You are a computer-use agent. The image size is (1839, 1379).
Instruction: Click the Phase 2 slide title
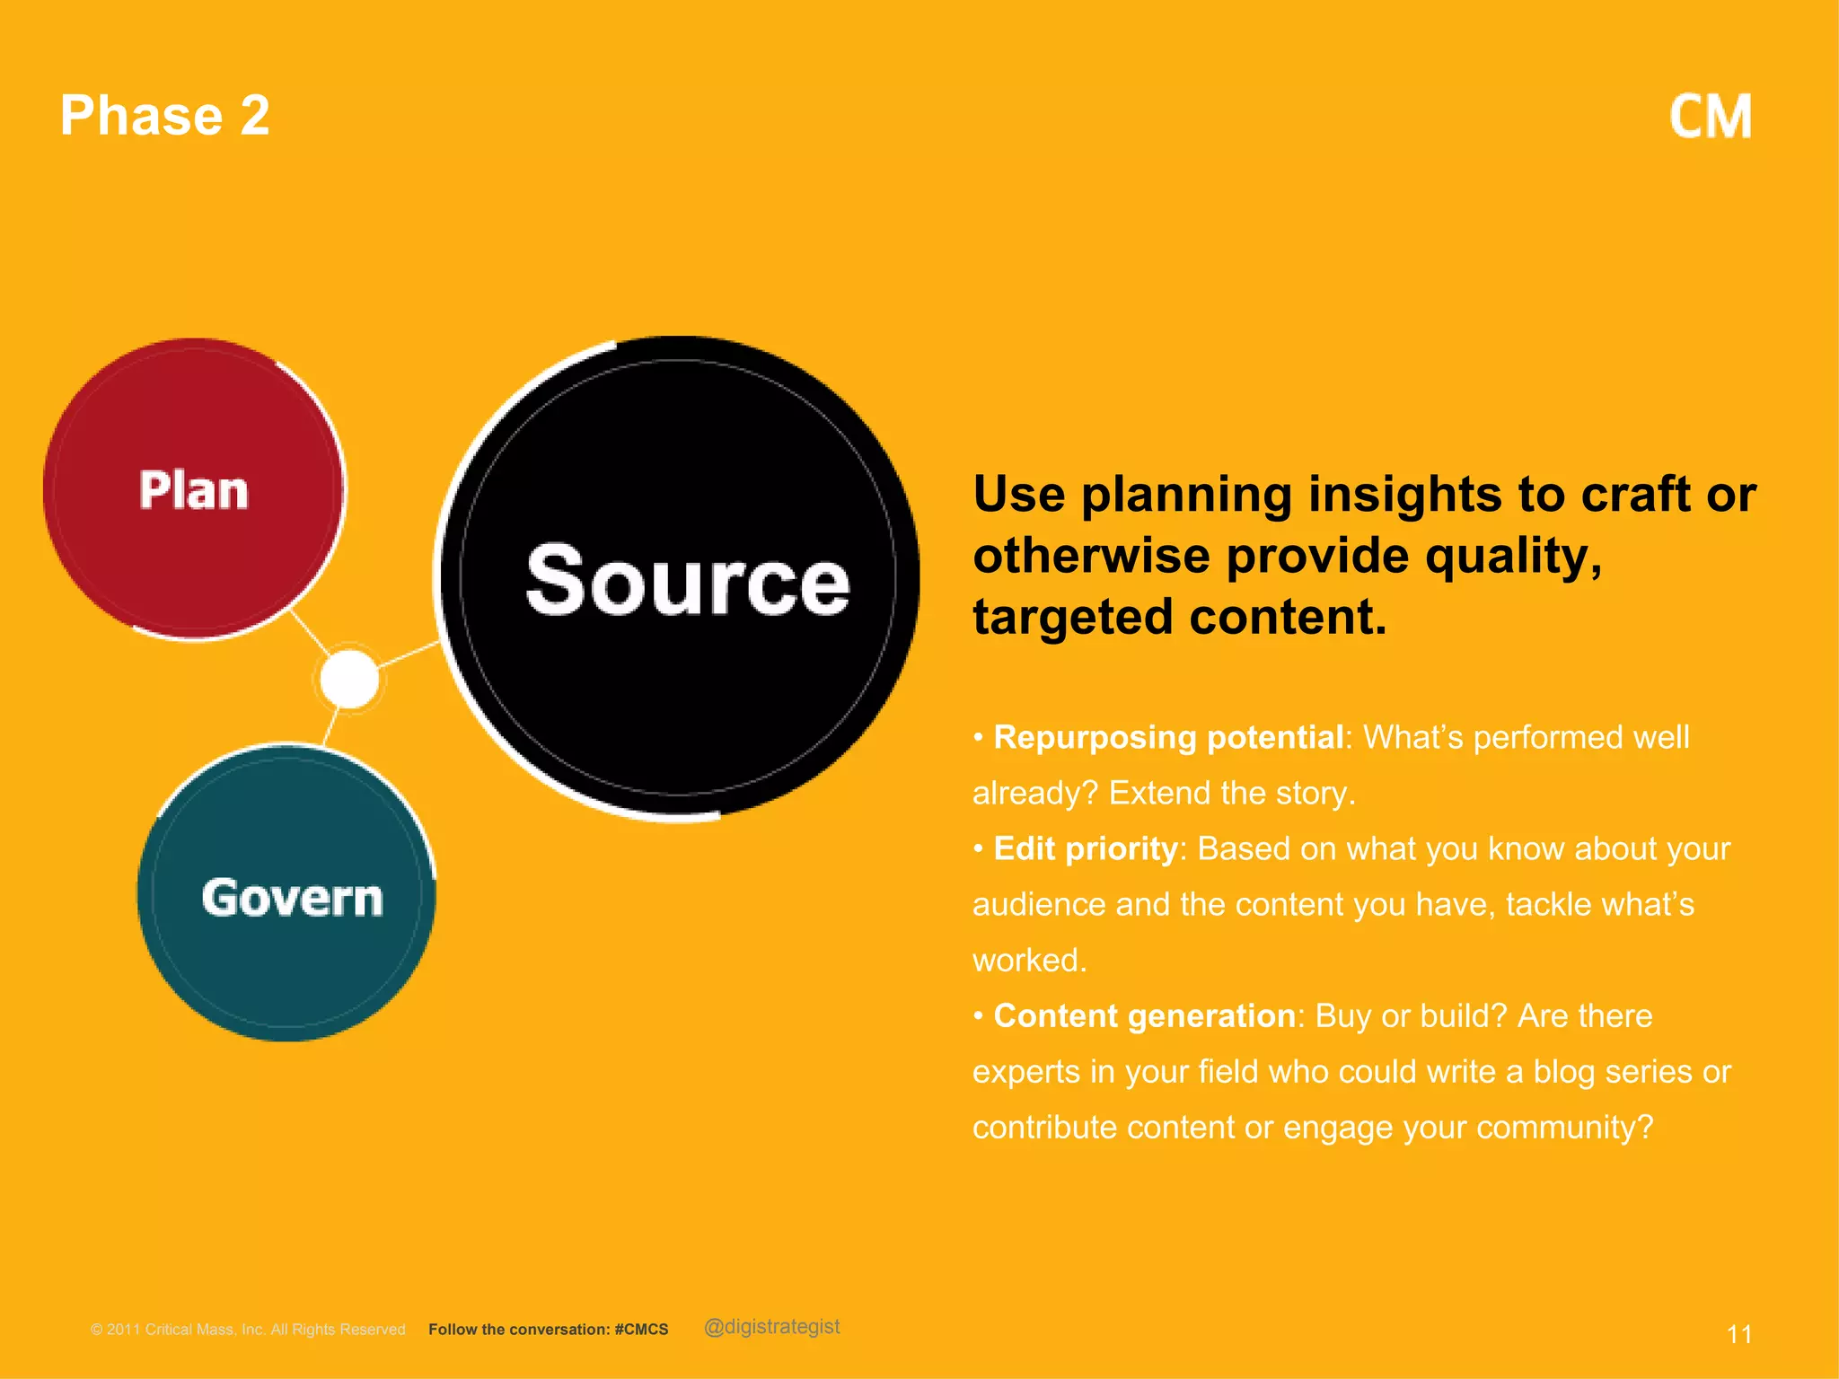164,116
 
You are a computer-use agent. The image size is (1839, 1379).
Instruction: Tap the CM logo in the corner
1710,118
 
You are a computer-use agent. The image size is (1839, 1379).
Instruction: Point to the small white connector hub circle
349,679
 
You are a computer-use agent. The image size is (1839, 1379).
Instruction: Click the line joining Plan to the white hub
311,633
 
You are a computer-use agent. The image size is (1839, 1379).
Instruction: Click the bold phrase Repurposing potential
1168,737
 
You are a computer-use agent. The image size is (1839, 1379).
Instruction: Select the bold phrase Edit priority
1085,848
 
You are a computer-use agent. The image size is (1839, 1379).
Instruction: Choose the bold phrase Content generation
1144,1015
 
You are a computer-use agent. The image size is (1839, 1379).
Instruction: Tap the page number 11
1738,1334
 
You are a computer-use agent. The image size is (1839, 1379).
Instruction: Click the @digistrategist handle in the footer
772,1327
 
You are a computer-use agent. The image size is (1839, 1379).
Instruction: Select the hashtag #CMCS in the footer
641,1330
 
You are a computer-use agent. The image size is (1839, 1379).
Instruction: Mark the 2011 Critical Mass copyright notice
248,1330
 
